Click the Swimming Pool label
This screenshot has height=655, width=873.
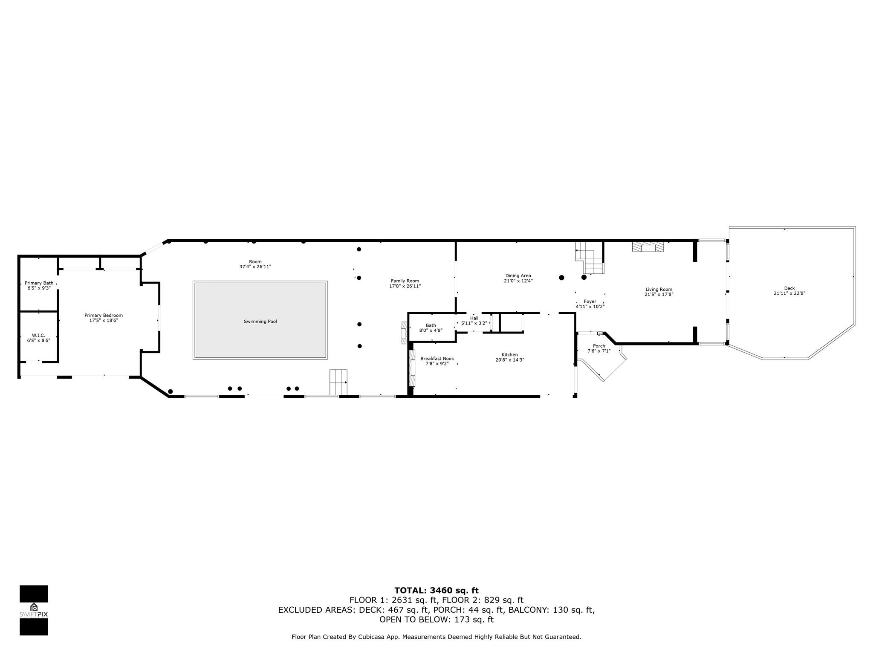(x=260, y=322)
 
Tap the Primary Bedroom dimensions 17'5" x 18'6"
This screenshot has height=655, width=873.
(x=104, y=320)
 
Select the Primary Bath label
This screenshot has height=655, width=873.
(x=39, y=283)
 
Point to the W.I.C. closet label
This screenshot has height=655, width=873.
(x=39, y=336)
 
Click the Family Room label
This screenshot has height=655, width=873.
(x=405, y=281)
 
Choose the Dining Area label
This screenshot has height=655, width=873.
(x=518, y=275)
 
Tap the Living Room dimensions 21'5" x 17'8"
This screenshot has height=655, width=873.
(x=659, y=294)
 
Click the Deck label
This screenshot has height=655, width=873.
(x=789, y=288)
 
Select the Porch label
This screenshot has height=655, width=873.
(x=599, y=346)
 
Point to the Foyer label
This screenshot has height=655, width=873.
(x=590, y=301)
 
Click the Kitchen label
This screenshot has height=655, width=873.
(x=510, y=355)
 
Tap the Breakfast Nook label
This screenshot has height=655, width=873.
(x=437, y=359)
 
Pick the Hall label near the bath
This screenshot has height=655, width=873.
(x=474, y=318)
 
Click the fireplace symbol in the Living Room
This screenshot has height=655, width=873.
(x=648, y=247)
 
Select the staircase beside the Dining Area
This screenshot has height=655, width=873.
(x=590, y=258)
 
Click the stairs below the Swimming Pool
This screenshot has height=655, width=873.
(x=338, y=382)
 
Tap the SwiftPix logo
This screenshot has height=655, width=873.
(x=34, y=610)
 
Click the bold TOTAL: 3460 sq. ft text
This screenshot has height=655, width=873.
(x=436, y=591)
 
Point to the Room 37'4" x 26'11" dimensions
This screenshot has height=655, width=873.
(x=255, y=267)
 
